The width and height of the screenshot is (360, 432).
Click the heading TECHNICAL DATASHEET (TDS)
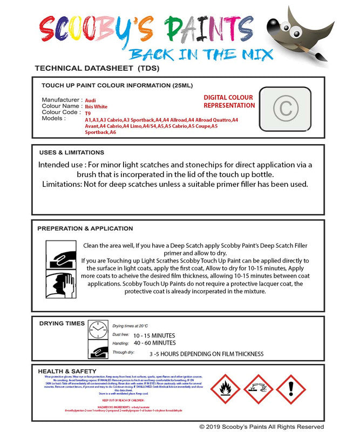point(97,69)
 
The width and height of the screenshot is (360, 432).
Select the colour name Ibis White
point(96,107)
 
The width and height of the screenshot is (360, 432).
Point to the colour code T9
point(88,113)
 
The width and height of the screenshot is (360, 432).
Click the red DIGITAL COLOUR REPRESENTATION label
point(229,102)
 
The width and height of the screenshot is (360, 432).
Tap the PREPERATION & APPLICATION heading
point(85,228)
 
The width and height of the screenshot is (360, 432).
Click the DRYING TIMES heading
point(62,323)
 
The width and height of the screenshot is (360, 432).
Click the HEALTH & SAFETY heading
point(67,372)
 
